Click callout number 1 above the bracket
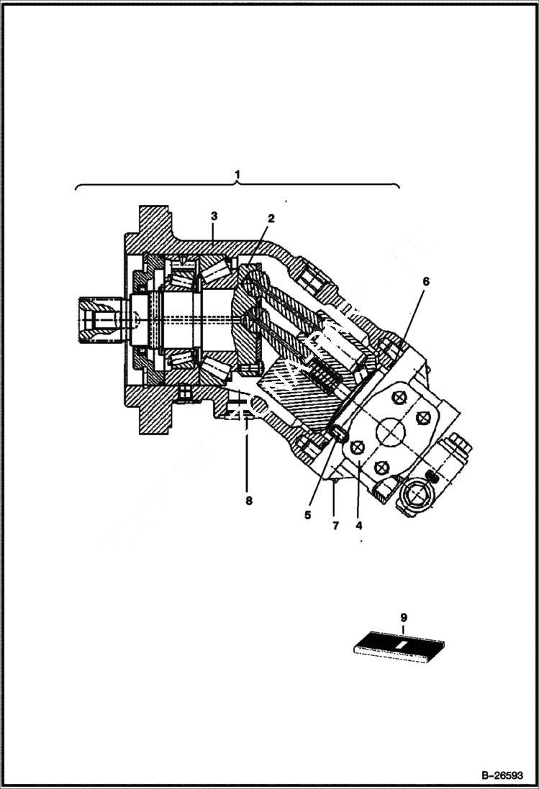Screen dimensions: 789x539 tap(237, 175)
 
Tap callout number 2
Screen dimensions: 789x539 tap(272, 218)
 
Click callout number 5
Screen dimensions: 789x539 tap(308, 515)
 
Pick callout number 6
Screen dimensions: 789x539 tap(425, 281)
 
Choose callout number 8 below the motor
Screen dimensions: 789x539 tap(249, 501)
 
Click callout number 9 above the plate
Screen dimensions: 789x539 tap(403, 617)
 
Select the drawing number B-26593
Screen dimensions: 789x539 tap(501, 776)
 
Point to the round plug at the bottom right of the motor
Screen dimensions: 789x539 tap(416, 496)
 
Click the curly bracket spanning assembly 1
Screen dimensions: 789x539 tap(237, 186)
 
